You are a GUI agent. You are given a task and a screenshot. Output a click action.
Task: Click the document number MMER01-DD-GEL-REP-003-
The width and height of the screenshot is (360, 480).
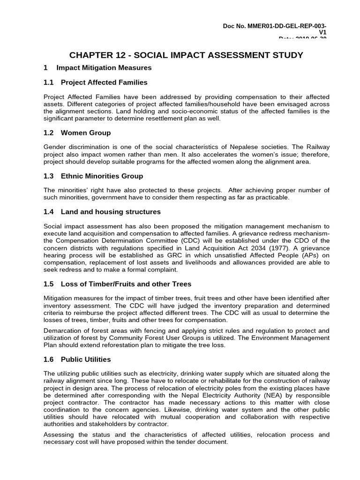pyautogui.click(x=275, y=25)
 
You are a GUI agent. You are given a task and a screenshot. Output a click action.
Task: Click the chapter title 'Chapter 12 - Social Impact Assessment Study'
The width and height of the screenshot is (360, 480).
pyautogui.click(x=186, y=55)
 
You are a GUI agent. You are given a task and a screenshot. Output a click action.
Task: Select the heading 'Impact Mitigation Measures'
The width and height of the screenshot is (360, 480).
pyautogui.click(x=104, y=68)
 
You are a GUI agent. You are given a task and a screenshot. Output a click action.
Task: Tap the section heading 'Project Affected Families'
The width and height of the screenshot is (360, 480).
pyautogui.click(x=104, y=82)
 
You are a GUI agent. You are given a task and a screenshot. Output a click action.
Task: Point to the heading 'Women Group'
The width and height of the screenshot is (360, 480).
pyautogui.click(x=86, y=133)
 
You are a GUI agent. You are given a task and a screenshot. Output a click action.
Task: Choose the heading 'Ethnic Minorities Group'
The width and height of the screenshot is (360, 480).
pyautogui.click(x=102, y=176)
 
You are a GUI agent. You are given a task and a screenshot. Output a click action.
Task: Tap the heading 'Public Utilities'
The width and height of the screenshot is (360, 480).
pyautogui.click(x=86, y=360)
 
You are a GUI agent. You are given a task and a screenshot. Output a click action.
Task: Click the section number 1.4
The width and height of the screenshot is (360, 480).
pyautogui.click(x=49, y=212)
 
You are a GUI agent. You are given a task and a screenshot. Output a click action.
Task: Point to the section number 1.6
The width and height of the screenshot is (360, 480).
pyautogui.click(x=49, y=360)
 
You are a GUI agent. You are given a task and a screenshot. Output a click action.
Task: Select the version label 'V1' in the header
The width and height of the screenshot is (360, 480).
pyautogui.click(x=322, y=32)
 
